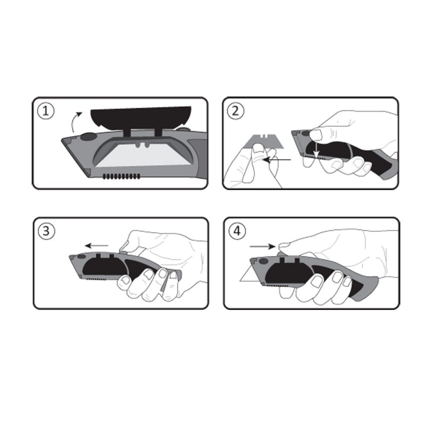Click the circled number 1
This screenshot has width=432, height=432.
46,111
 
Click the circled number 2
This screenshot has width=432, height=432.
235,111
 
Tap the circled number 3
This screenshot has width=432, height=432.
46,231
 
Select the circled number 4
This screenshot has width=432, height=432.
237,231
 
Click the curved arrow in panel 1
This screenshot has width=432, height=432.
73,121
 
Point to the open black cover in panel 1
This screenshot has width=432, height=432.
140,118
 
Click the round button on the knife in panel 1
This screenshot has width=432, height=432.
88,137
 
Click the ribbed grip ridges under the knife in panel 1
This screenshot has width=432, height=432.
121,177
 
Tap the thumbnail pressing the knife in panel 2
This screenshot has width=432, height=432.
316,135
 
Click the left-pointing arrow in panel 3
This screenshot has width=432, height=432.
97,246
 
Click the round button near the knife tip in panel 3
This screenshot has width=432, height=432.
82,256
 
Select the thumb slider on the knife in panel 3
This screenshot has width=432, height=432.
123,251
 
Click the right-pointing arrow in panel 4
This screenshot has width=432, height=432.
262,246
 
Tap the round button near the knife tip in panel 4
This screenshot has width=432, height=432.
264,261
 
